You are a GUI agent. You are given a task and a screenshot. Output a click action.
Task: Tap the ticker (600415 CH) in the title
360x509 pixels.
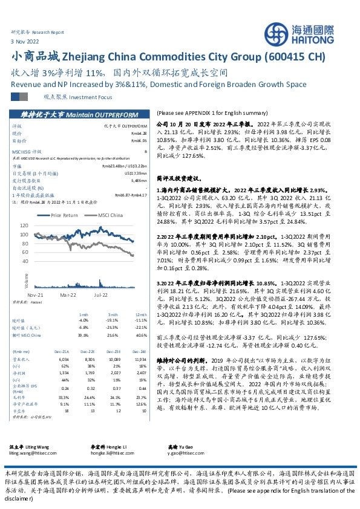tap(295, 57)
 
